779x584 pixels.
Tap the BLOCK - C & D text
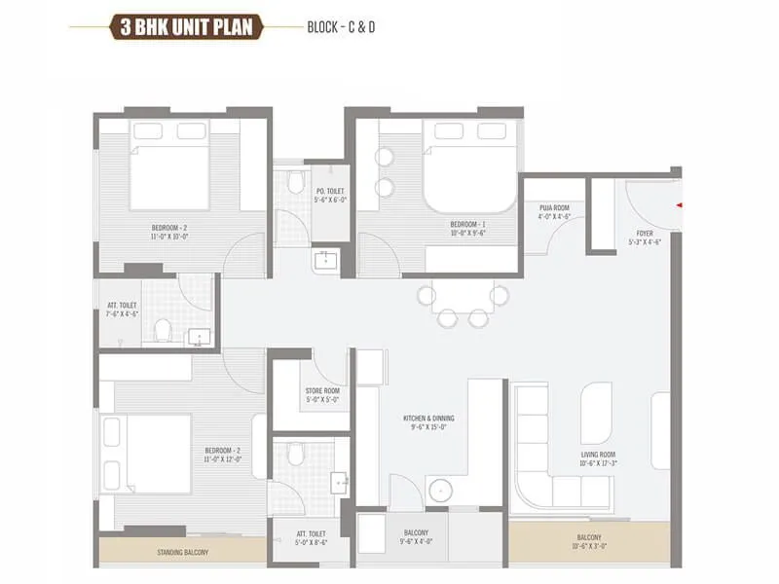point(341,26)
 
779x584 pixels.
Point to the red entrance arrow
point(679,204)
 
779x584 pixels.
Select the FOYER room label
point(645,233)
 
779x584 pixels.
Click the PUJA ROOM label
point(553,208)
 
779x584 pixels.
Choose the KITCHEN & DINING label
point(428,419)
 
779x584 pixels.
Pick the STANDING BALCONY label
point(182,553)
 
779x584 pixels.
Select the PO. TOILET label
point(330,191)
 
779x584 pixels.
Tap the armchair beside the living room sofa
point(597,413)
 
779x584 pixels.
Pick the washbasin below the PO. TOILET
point(324,259)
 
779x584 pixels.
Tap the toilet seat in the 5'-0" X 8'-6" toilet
point(296,455)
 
